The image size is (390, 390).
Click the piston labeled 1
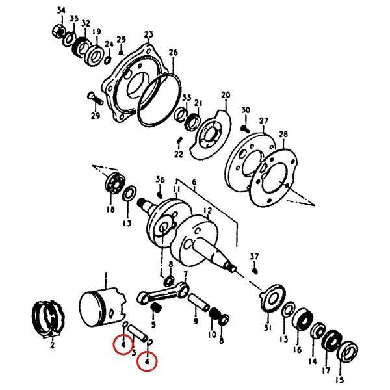[102, 308]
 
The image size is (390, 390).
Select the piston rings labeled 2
[49, 319]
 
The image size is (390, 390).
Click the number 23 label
[149, 34]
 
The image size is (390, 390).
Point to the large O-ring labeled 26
[159, 99]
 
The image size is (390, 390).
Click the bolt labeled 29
[96, 99]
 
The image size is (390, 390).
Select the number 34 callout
[61, 10]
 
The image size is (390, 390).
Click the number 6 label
[194, 182]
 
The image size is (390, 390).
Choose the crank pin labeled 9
[199, 302]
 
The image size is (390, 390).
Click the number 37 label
[254, 257]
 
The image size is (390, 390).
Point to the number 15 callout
[339, 380]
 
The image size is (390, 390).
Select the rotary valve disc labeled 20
[211, 135]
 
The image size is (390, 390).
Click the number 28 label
[283, 134]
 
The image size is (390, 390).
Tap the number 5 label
[153, 324]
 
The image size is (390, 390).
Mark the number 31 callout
[267, 328]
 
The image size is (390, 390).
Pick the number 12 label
[207, 211]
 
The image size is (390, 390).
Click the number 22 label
[179, 154]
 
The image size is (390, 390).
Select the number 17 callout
[326, 370]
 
